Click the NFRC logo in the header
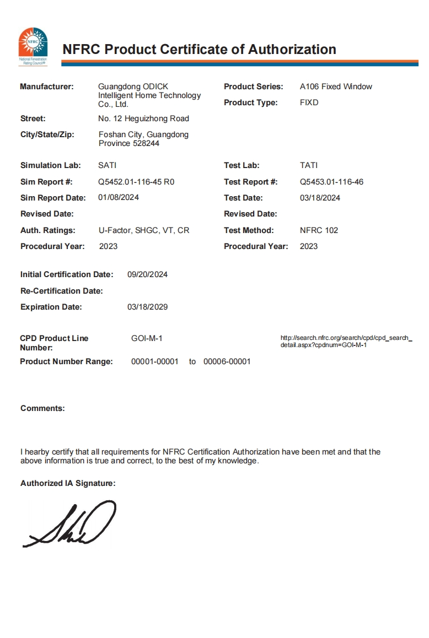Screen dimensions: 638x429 coord(33,45)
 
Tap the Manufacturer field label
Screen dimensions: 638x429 coord(47,86)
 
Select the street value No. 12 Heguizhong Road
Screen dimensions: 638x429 coord(143,118)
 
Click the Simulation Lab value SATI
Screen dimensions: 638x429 coord(107,165)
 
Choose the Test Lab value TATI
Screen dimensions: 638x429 coord(309,165)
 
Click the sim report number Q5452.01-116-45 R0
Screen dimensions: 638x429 coord(136,182)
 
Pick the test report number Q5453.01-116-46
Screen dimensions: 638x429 coord(331,182)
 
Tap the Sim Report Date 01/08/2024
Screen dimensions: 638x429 coord(119,197)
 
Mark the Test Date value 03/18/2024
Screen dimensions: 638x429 coord(320,198)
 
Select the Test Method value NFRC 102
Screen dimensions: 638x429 coord(319,230)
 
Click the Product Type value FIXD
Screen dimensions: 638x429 coord(309,102)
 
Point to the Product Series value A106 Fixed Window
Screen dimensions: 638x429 coord(336,86)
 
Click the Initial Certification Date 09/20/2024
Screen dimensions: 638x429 coord(147,274)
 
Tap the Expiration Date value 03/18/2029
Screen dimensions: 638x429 coord(147,307)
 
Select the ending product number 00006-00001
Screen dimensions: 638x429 coord(227,361)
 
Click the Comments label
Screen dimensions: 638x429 coord(42,408)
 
